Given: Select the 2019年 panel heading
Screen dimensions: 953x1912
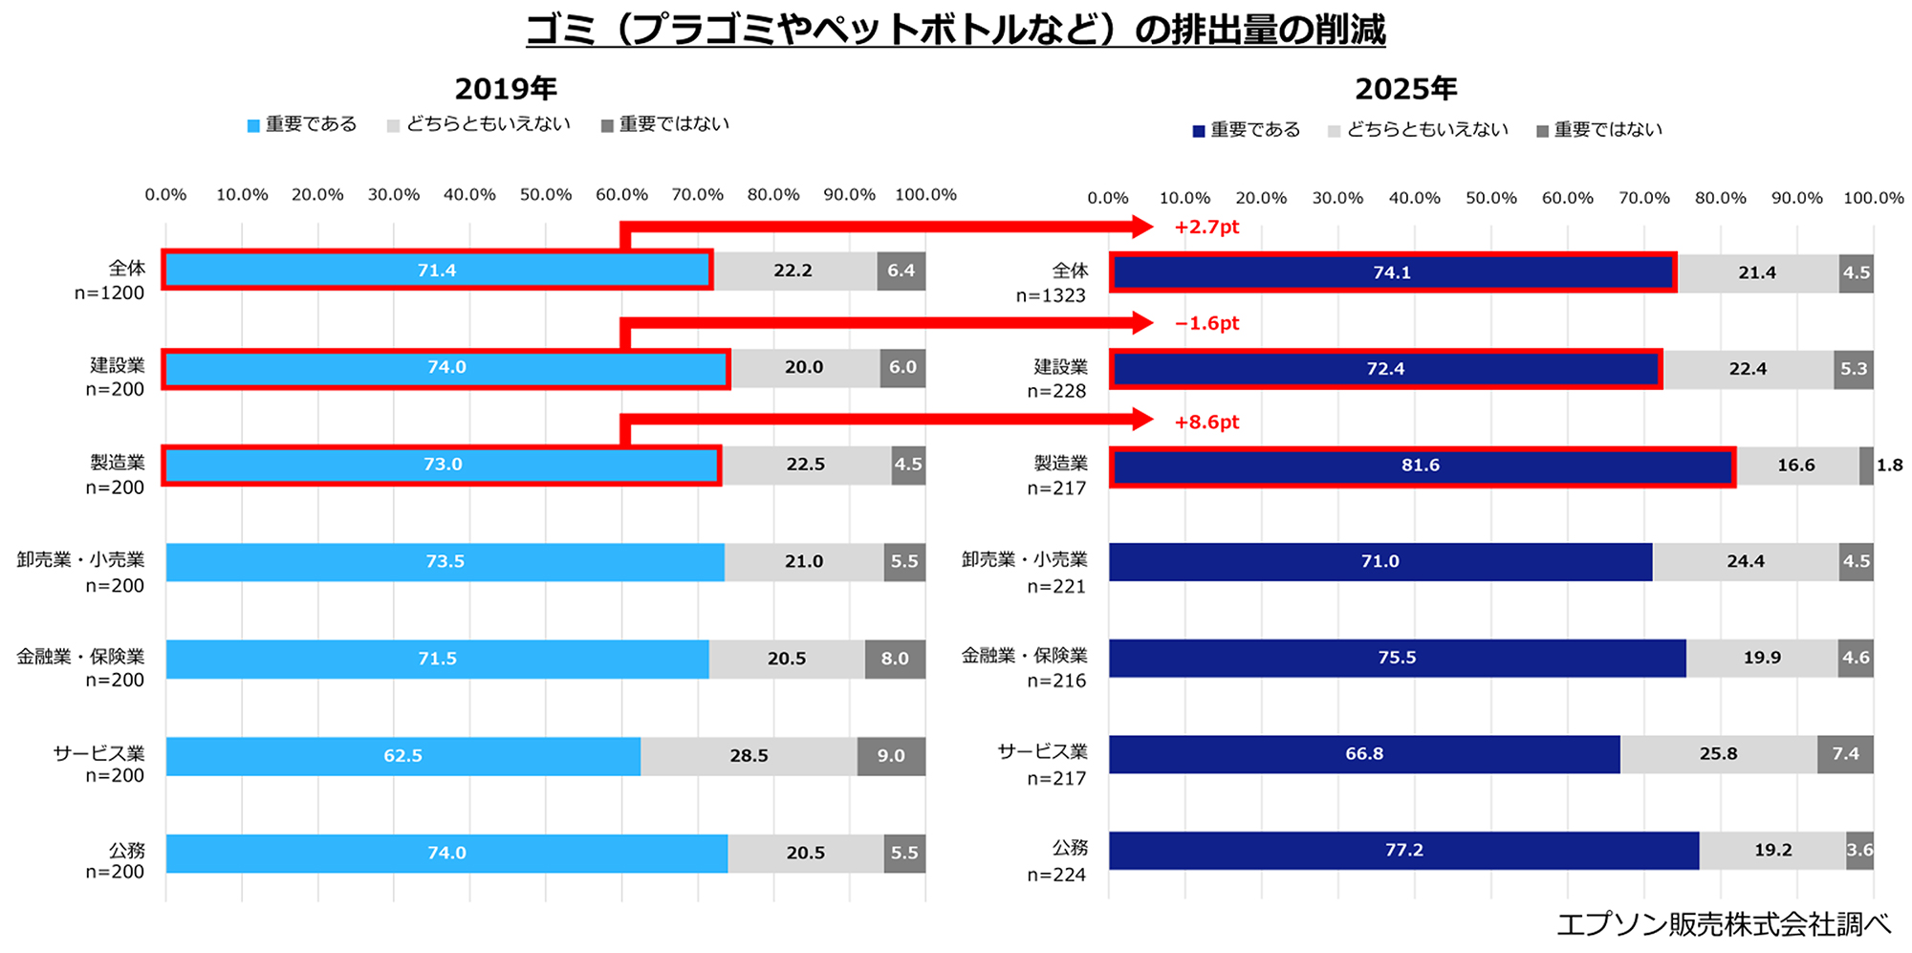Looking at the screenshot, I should pyautogui.click(x=506, y=89).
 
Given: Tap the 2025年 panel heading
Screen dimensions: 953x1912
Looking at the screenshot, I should pyautogui.click(x=1405, y=89).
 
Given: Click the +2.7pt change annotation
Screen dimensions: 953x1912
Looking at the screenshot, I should pyautogui.click(x=1206, y=227).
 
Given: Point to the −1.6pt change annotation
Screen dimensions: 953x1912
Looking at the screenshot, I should pyautogui.click(x=1206, y=323).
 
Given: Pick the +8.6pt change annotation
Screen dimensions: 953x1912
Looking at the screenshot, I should pyautogui.click(x=1206, y=422).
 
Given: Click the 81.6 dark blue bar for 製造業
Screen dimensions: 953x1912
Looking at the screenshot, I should pyautogui.click(x=1422, y=466).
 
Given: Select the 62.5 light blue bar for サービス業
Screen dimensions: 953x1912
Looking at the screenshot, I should pyautogui.click(x=402, y=756).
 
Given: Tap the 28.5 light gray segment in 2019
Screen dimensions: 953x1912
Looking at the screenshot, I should pyautogui.click(x=749, y=756).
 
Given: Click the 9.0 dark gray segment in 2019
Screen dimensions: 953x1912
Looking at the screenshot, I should pyautogui.click(x=891, y=756).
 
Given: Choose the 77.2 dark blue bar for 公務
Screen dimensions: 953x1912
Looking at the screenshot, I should pyautogui.click(x=1403, y=851).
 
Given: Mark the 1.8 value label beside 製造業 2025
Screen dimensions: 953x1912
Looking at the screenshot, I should pyautogui.click(x=1889, y=466).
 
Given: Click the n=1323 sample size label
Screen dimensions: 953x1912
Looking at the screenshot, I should pyautogui.click(x=1051, y=296).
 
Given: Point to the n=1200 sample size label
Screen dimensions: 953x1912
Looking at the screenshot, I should pyautogui.click(x=109, y=293).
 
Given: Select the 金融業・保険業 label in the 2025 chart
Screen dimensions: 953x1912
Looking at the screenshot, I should pyautogui.click(x=1024, y=656).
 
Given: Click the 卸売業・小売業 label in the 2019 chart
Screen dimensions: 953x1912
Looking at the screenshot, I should pyautogui.click(x=80, y=560).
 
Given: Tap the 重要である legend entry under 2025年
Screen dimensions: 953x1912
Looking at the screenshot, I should pyautogui.click(x=1247, y=130).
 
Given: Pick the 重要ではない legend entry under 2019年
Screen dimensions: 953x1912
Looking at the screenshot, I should pyautogui.click(x=665, y=124).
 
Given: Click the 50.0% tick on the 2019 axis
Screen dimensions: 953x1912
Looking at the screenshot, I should pyautogui.click(x=545, y=195).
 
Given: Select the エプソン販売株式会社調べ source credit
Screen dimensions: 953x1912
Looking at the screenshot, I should pyautogui.click(x=1723, y=924).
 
